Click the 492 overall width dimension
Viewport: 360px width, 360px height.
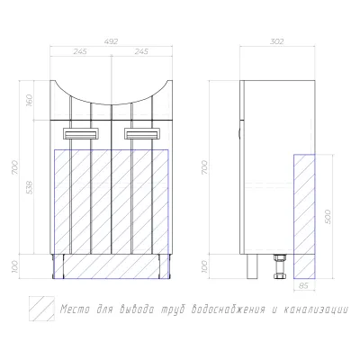tap(111, 41)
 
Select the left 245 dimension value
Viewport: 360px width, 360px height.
tap(80, 51)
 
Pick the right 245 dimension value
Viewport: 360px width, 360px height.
tap(141, 51)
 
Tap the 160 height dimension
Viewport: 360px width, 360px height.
tap(29, 101)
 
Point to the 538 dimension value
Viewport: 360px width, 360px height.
tap(30, 187)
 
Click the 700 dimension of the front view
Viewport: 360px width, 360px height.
tap(15, 167)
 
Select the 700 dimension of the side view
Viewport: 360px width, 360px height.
tap(204, 167)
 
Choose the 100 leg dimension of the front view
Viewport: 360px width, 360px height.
tap(15, 266)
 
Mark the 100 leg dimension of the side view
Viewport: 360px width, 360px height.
tap(204, 266)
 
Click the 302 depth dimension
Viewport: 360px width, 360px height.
tap(276, 41)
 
